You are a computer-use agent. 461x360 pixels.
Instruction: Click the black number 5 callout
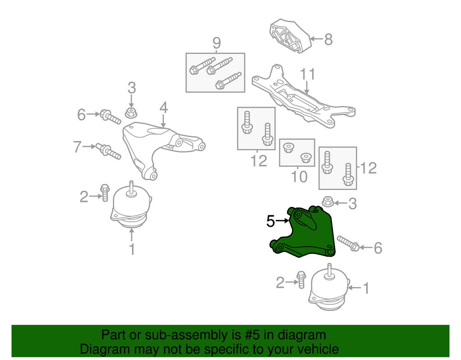tap(271, 222)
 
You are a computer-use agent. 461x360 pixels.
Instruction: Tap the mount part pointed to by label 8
tap(289, 37)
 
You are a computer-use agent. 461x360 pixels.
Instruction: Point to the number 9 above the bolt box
tap(216, 43)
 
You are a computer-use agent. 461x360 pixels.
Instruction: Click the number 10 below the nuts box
tap(300, 176)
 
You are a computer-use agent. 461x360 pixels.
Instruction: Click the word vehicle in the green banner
tap(315, 349)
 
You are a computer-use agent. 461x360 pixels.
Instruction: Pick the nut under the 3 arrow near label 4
tap(131, 112)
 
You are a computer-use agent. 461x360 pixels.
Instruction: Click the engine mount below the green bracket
tap(328, 288)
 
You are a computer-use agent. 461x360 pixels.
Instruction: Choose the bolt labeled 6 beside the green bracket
tap(349, 244)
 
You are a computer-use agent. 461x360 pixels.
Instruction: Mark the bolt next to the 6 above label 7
tap(110, 117)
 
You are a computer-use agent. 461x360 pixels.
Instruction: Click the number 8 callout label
tap(328, 40)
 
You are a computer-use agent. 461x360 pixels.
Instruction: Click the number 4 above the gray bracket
tap(164, 107)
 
